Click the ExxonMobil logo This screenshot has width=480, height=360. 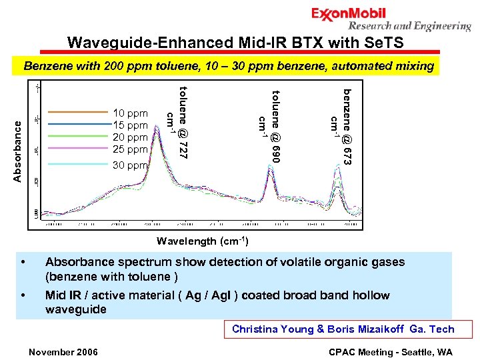(x=348, y=14)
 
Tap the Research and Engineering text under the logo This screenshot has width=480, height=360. (x=409, y=27)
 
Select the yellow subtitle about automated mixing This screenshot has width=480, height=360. (x=229, y=67)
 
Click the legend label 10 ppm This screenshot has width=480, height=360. (x=130, y=113)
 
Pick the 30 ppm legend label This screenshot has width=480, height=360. (x=130, y=165)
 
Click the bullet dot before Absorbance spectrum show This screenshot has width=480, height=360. (x=24, y=263)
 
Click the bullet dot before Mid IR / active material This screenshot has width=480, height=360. (x=24, y=295)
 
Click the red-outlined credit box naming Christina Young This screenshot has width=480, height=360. (x=343, y=329)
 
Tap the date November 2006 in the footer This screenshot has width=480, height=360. (x=63, y=351)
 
